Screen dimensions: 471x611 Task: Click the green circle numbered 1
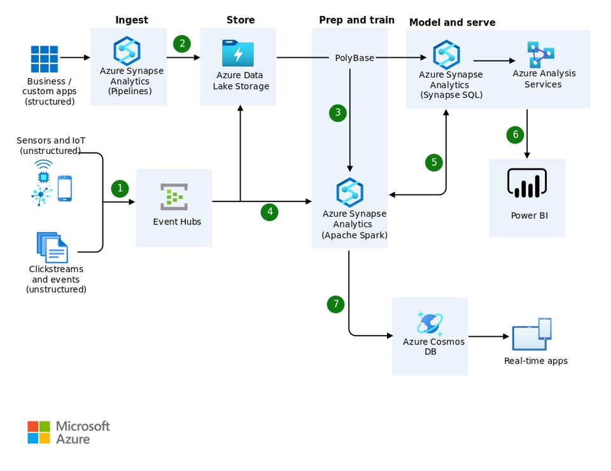pos(120,189)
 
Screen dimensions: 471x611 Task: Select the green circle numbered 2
pos(183,43)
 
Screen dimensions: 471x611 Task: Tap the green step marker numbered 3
pos(338,113)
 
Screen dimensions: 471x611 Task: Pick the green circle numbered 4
pos(270,212)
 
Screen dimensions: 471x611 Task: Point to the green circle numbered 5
pos(434,163)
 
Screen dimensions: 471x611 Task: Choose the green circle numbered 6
pos(516,135)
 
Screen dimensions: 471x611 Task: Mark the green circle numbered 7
pos(336,304)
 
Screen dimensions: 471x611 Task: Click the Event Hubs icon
pos(174,197)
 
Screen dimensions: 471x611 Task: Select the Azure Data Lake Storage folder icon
pos(238,53)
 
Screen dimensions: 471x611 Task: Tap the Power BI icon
pos(527,184)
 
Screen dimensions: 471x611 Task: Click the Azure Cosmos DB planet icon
pos(430,323)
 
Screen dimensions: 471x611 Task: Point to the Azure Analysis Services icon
pos(540,55)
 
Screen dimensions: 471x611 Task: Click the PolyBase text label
pos(355,58)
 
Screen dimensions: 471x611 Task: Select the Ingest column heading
pos(132,20)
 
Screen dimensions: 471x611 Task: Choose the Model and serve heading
pos(452,23)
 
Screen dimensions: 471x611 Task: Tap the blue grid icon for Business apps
pos(45,59)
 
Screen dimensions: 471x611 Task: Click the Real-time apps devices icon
pos(532,334)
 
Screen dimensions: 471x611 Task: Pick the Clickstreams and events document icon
pos(52,247)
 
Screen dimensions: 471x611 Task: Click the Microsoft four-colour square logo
pos(39,432)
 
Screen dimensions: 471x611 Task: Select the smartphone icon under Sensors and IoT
pos(65,189)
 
